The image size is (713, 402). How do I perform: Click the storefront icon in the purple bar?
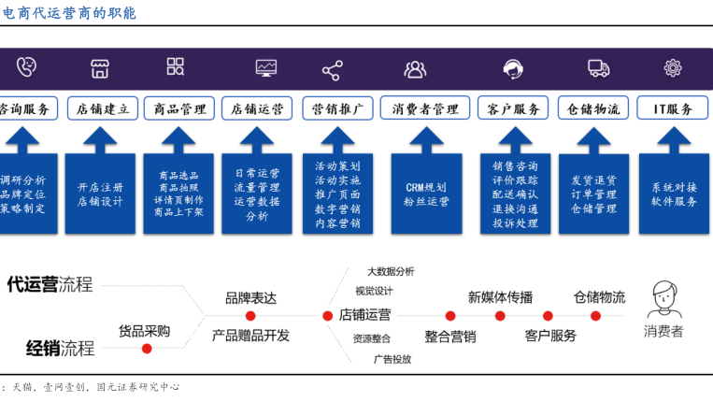tap(100, 67)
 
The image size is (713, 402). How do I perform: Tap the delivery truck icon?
tap(598, 67)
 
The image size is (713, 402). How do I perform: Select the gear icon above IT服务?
tap(673, 67)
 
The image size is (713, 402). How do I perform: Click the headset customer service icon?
tap(512, 68)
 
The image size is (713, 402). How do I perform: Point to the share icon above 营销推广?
tap(332, 69)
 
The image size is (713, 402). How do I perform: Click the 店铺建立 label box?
tap(103, 108)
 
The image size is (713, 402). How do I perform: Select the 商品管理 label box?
tap(179, 108)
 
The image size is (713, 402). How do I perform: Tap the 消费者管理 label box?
tap(425, 108)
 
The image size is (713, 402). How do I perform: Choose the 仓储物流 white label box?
tap(593, 108)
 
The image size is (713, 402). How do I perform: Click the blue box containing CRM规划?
tap(426, 193)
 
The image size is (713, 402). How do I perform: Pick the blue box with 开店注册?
tap(100, 193)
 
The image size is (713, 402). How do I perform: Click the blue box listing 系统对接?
tap(674, 193)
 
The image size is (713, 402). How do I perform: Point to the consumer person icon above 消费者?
tap(664, 299)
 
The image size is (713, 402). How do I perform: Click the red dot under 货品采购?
tap(147, 349)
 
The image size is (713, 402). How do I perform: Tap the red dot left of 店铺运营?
tap(328, 315)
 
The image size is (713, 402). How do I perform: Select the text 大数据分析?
tap(391, 271)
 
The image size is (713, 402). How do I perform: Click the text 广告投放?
tap(392, 359)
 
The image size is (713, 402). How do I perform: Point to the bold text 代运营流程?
tap(50, 284)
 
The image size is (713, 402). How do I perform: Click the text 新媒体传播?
tap(500, 297)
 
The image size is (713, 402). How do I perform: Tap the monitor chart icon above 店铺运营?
tap(266, 67)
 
